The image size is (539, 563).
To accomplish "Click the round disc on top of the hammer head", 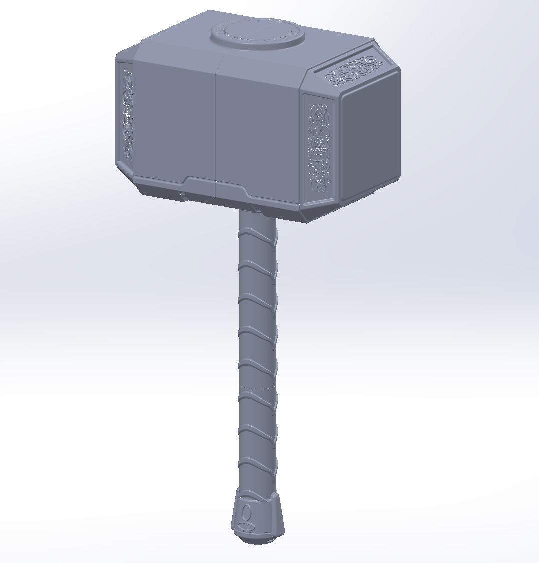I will point(257,34).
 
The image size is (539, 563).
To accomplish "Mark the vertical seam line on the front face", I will point(216,130).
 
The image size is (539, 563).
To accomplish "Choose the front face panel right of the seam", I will point(257,132).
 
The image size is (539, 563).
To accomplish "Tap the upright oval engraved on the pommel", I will point(246,512).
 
